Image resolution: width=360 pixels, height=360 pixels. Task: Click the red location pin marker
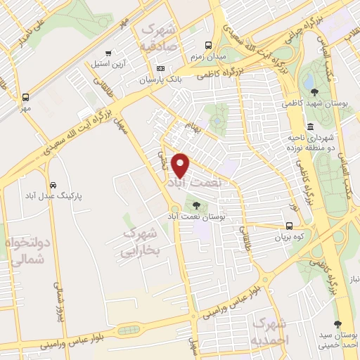point(181,165)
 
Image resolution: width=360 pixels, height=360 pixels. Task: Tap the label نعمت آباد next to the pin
point(194,181)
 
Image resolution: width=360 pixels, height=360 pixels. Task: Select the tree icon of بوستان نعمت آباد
point(195,205)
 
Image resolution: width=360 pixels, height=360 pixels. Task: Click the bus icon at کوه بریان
point(289,226)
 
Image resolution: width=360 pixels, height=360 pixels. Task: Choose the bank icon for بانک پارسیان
point(161,68)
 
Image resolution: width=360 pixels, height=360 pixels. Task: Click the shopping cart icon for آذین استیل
point(108,53)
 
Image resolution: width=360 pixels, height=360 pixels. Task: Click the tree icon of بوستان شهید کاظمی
point(314,91)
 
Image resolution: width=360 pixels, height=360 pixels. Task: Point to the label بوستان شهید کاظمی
point(314,103)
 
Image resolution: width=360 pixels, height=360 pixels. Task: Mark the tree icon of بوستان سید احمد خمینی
point(339,323)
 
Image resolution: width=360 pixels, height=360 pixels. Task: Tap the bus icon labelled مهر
point(26,98)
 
